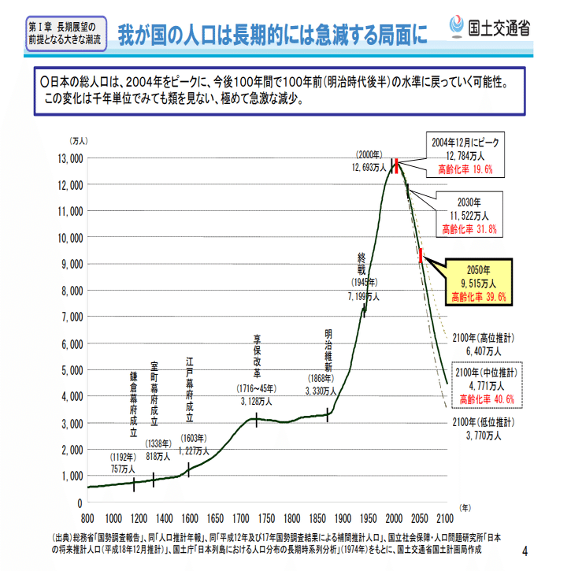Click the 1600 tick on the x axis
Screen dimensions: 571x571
pos(189,519)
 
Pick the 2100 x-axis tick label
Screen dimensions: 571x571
pos(447,519)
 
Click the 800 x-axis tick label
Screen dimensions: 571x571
pos(87,519)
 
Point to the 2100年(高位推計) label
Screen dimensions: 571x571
pos(484,344)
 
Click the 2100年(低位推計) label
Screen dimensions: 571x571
pos(484,428)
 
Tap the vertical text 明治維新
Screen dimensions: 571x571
pos(328,350)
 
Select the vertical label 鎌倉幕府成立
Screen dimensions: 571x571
pos(134,405)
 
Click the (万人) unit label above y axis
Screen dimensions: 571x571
pos(80,141)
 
